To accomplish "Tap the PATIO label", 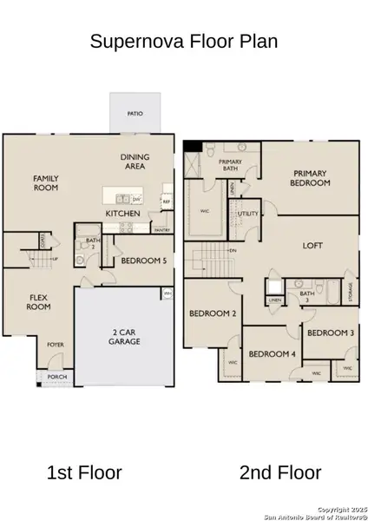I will tap(135, 114).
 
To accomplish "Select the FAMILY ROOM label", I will tap(45, 182).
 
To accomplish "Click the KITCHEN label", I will tap(123, 214).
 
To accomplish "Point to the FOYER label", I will tap(56, 344).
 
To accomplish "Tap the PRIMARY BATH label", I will tap(230, 165).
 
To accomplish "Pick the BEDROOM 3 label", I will tap(330, 333).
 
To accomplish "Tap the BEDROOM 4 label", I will tap(272, 353).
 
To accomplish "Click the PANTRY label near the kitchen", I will tap(161, 230).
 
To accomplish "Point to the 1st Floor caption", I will tap(83, 473).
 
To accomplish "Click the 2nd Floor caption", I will tap(280, 473).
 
